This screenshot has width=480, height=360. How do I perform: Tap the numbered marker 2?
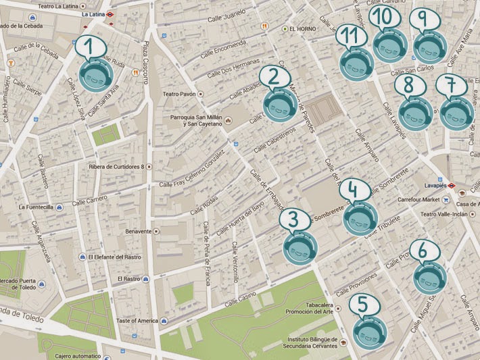click(x=279, y=105)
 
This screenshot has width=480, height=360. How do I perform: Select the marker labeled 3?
click(x=298, y=247)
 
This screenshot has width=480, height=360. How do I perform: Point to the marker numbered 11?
click(x=356, y=64)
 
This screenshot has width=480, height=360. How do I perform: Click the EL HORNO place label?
click(x=302, y=29)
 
